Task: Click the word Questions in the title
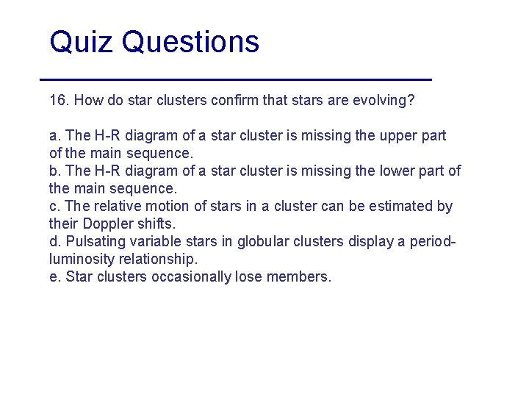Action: pos(190,43)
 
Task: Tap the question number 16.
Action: pos(59,100)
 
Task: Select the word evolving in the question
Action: pos(384,100)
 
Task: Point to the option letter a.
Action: pos(54,136)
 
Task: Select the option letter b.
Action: pos(54,171)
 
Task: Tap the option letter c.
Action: pos(54,207)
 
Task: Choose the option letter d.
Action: pos(54,242)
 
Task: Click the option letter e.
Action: pos(54,277)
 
